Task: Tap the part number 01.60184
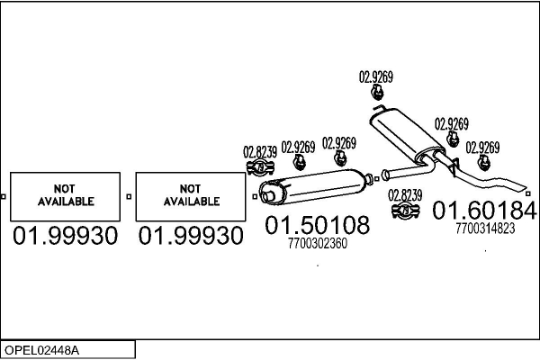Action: point(484,211)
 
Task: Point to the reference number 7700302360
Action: point(317,243)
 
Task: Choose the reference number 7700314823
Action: point(485,229)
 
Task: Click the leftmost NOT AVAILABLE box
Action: point(64,195)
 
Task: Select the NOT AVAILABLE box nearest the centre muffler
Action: point(190,195)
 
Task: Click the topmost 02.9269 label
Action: point(376,76)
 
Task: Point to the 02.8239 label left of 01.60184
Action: point(404,194)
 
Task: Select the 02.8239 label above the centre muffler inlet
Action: point(260,150)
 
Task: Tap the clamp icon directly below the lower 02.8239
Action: point(405,212)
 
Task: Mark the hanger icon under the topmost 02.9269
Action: point(376,93)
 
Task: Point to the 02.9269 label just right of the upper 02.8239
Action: point(298,146)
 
